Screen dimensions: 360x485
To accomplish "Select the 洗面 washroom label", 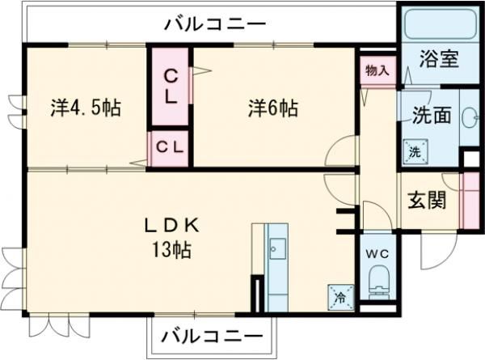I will [430, 115].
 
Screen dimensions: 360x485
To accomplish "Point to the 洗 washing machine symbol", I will [414, 151].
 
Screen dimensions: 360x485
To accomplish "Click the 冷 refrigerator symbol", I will [340, 297].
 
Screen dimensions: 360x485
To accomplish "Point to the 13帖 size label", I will [171, 250].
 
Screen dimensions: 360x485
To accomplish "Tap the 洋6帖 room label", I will [272, 108].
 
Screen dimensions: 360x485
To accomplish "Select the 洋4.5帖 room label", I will [85, 108].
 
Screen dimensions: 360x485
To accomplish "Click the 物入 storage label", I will [377, 70].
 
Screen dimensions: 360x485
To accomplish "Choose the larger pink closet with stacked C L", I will [171, 87].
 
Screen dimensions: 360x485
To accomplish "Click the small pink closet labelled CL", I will [170, 148].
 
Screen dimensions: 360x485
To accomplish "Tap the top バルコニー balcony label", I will [214, 23].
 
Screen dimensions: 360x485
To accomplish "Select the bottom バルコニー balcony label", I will [212, 335].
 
